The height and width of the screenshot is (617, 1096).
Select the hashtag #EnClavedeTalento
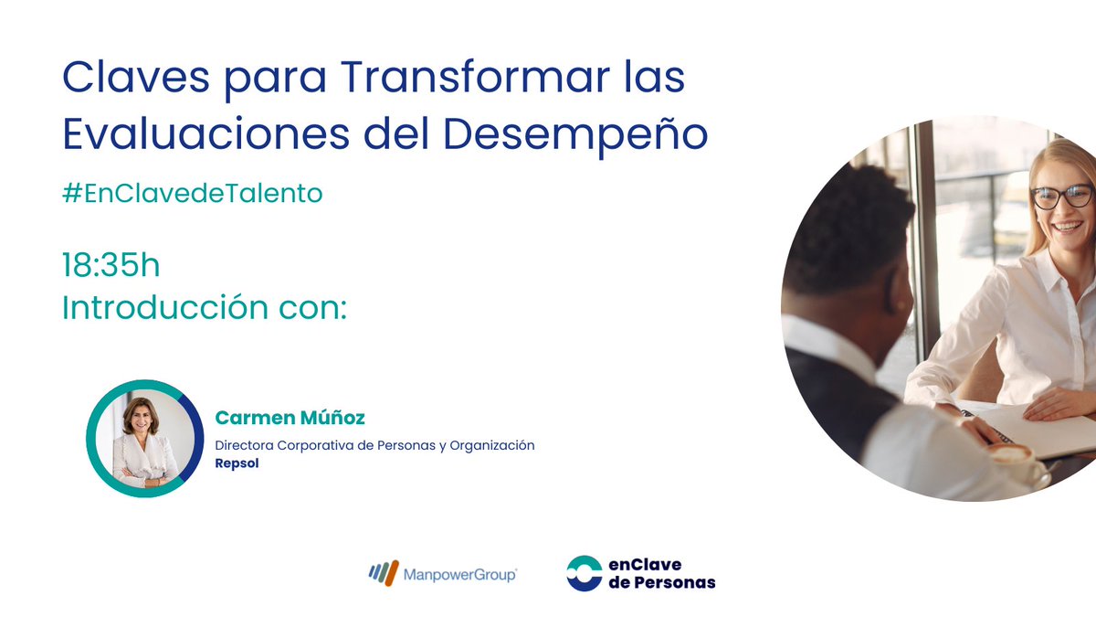pos(192,194)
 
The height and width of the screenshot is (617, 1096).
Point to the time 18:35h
pos(111,266)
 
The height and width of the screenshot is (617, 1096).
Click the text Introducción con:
pos(205,308)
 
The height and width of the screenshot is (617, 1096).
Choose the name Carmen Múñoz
pos(290,418)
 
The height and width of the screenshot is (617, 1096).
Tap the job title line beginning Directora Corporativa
pos(374,445)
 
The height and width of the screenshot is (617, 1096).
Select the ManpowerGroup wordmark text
pos(460,574)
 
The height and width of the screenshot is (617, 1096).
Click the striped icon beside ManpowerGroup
pos(384,573)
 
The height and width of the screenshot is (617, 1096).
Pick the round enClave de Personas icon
pos(584,573)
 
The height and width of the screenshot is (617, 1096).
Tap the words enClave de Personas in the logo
pos(661,573)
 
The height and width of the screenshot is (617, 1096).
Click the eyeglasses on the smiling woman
pos(1061,196)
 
